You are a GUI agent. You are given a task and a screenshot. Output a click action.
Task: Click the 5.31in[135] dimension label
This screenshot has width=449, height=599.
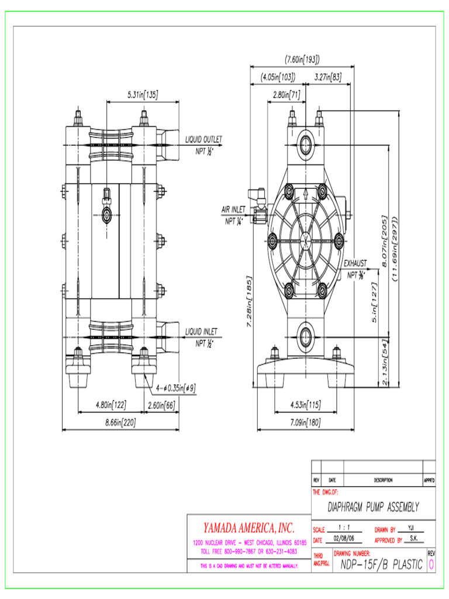(x=143, y=95)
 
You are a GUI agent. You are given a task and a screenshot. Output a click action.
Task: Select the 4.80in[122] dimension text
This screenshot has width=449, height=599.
(x=110, y=404)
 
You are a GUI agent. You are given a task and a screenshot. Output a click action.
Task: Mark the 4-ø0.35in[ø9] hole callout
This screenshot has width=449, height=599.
(x=176, y=387)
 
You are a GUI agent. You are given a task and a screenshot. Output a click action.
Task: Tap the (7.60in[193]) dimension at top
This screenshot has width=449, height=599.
(x=302, y=59)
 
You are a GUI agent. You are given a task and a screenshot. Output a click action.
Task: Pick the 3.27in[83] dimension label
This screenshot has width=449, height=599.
(x=328, y=77)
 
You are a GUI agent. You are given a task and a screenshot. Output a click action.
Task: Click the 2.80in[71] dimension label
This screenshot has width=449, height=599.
(x=286, y=94)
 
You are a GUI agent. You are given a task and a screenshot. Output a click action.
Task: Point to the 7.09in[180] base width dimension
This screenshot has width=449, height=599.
(x=305, y=423)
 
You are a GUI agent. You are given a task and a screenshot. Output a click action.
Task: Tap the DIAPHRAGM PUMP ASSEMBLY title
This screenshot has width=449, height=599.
(x=373, y=507)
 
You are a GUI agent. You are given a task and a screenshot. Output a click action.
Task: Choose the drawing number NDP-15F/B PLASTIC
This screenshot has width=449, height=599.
(x=378, y=564)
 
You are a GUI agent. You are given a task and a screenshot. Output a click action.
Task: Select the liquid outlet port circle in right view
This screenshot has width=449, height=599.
(x=305, y=143)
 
